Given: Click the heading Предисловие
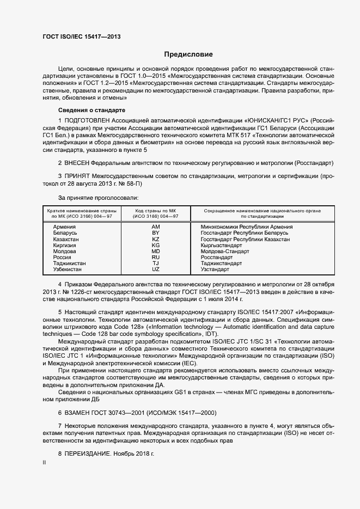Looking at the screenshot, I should [188, 54].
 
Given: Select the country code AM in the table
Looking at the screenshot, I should [155, 226].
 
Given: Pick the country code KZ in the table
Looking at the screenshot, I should [155, 240].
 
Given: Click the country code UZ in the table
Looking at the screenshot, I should [155, 269].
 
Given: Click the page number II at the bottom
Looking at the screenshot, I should [44, 463].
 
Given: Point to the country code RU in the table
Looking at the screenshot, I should [155, 257].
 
